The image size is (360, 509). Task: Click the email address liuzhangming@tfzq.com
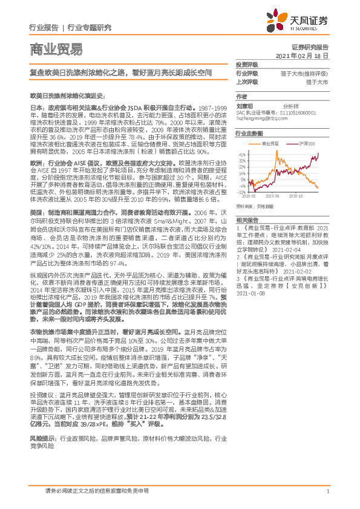tap(261, 120)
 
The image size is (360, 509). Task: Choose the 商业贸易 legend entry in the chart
tap(270, 143)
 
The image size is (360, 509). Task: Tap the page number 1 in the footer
tap(327, 491)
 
